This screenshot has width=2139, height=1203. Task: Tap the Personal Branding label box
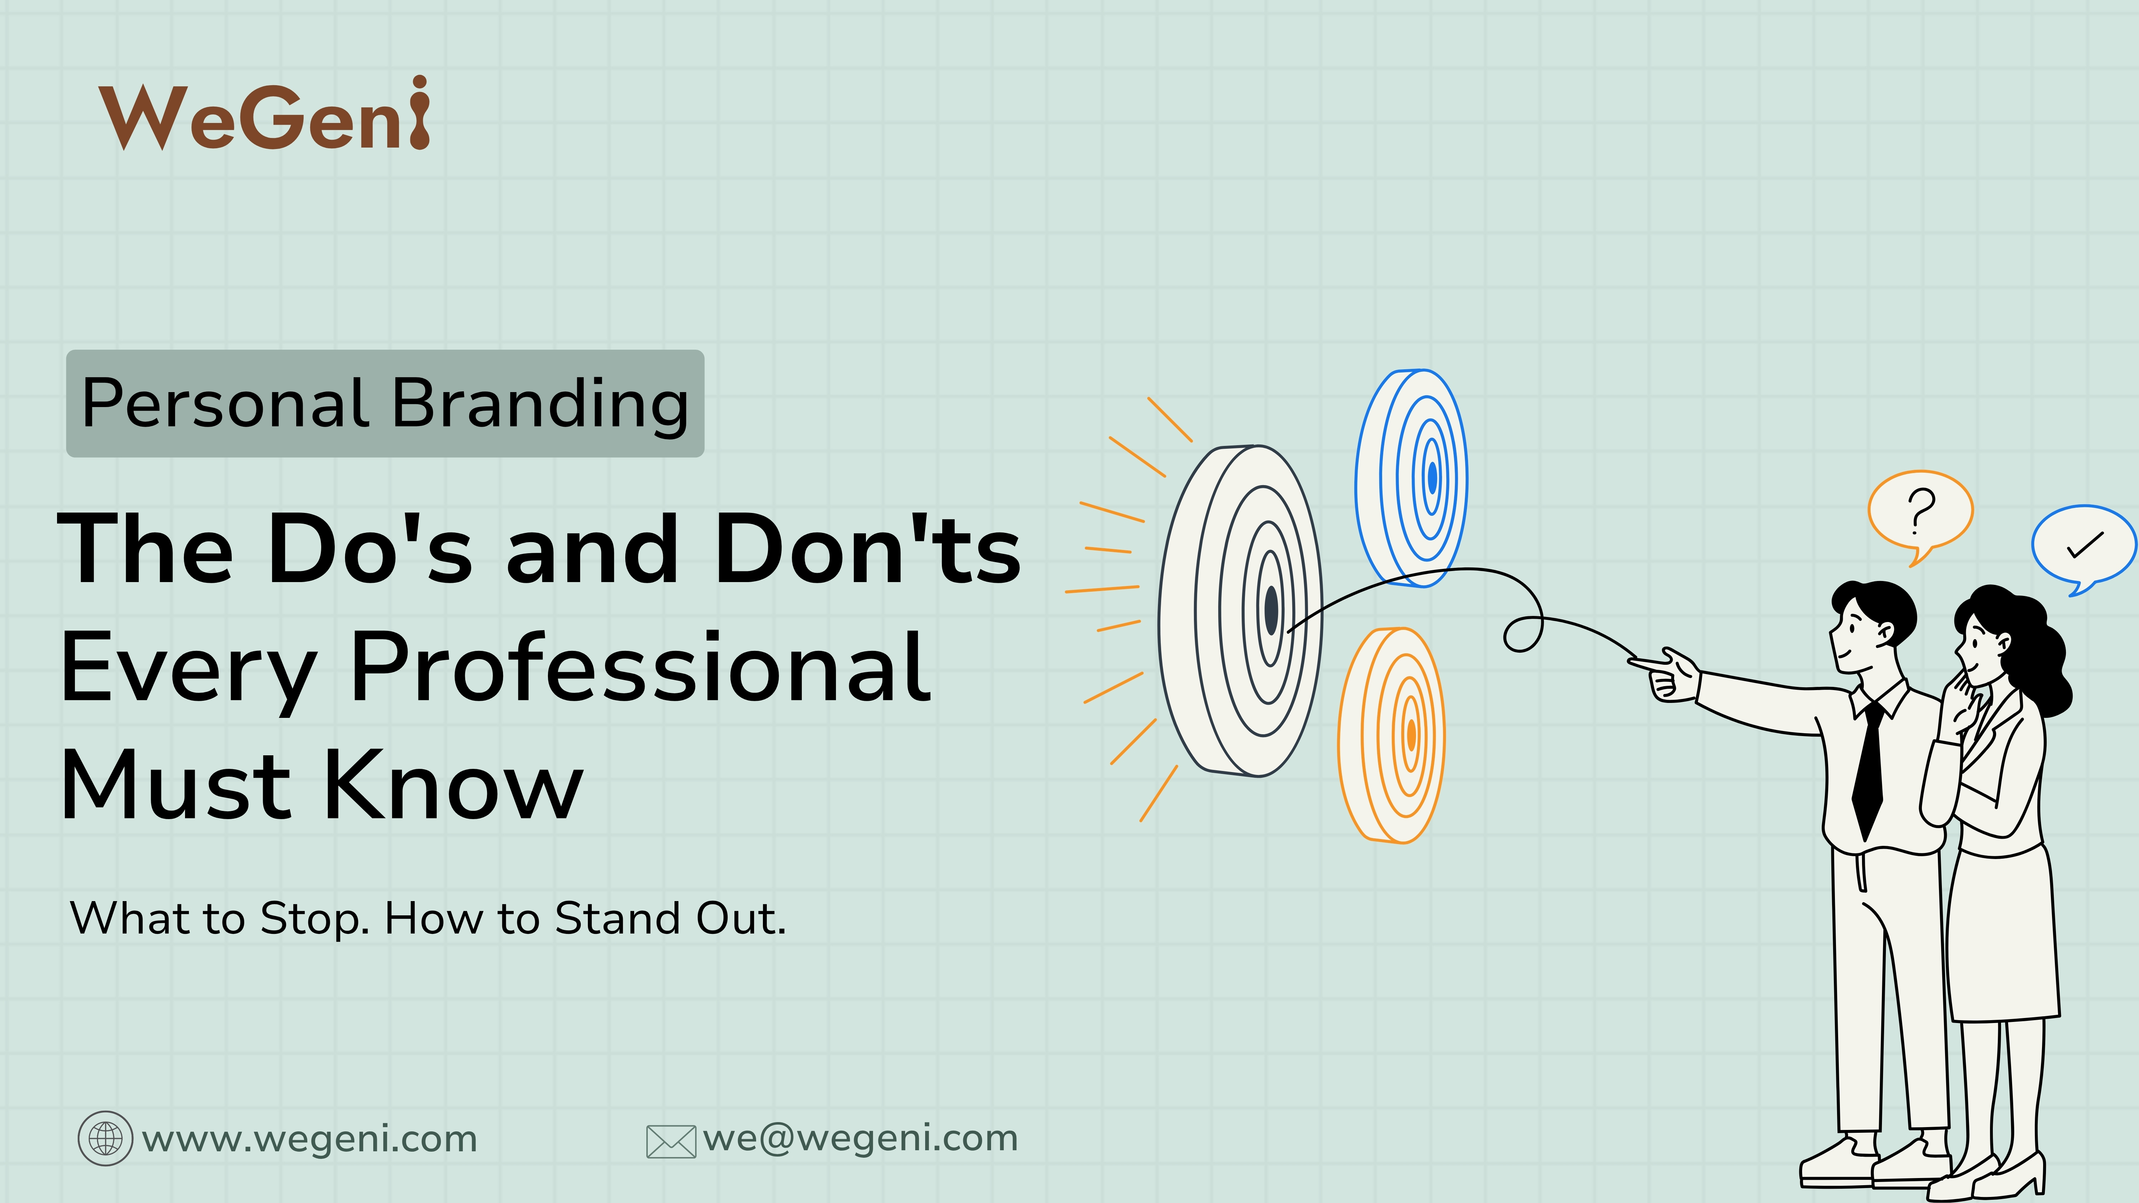(x=384, y=403)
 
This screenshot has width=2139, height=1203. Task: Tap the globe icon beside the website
(x=106, y=1138)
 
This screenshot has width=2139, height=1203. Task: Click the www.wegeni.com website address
(x=310, y=1138)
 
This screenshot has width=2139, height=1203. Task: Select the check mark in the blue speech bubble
(x=2084, y=545)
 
